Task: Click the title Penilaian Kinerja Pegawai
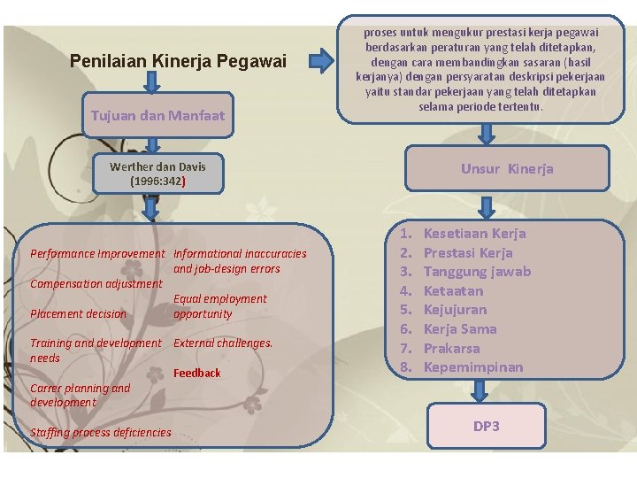coord(178,61)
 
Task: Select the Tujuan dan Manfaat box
coord(158,116)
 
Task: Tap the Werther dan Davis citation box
coord(158,173)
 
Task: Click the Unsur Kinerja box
coord(507,169)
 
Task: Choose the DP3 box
coord(486,427)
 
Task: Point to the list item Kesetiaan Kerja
coord(474,234)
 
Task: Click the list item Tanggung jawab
coord(477,272)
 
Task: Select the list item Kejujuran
coord(455,310)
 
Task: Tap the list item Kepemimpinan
coord(473,366)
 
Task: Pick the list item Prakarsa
coord(451,348)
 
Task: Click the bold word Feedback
coord(197,373)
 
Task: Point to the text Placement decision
coord(79,313)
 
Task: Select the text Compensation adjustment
coord(96,283)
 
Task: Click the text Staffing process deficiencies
coord(100,432)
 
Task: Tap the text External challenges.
coord(223,343)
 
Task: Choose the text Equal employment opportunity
coord(219,306)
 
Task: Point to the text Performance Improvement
coord(97,253)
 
